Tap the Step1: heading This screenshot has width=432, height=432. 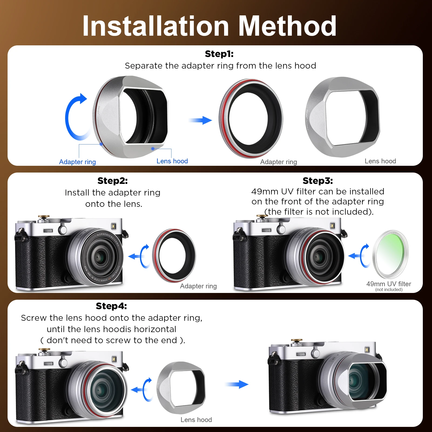point(219,54)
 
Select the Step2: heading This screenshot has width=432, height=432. point(112,181)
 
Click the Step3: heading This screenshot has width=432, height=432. point(318,181)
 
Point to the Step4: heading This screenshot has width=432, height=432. point(111,306)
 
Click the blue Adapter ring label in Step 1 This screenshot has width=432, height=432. point(77,162)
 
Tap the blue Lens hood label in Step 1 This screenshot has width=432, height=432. point(172,161)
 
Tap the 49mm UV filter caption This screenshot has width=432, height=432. point(389,284)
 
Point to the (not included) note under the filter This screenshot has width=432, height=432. point(389,290)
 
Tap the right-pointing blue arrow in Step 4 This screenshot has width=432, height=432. point(237,384)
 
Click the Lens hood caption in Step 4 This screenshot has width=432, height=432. point(196,420)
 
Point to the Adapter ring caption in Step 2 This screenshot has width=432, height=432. point(198,286)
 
